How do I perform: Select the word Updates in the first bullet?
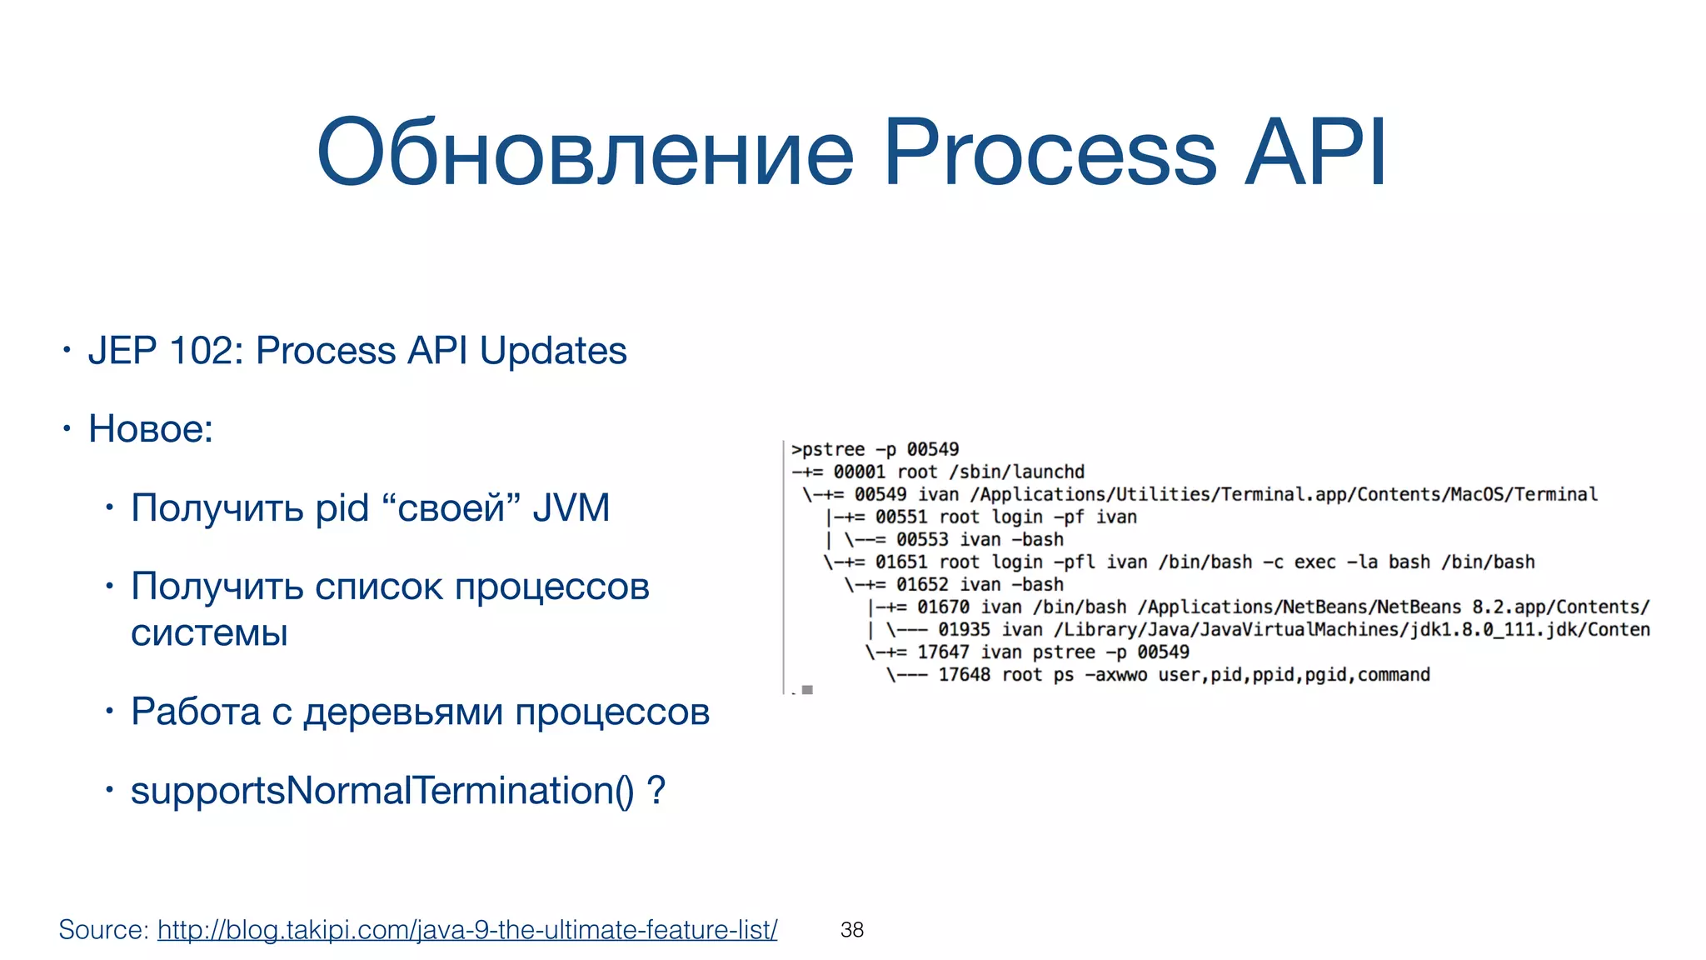[552, 350]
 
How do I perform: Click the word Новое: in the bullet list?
[151, 429]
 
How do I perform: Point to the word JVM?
[571, 507]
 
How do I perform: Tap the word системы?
[209, 632]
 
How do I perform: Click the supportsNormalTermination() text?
[382, 790]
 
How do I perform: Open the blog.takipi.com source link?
[467, 929]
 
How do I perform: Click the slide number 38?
[852, 929]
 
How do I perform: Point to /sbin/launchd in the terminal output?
[1017, 472]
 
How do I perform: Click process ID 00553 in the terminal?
[922, 539]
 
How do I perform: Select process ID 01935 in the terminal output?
[964, 629]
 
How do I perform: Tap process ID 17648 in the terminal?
[964, 674]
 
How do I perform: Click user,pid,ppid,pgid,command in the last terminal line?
[1294, 674]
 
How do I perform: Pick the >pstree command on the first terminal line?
[828, 449]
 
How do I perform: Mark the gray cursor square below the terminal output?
[807, 690]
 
